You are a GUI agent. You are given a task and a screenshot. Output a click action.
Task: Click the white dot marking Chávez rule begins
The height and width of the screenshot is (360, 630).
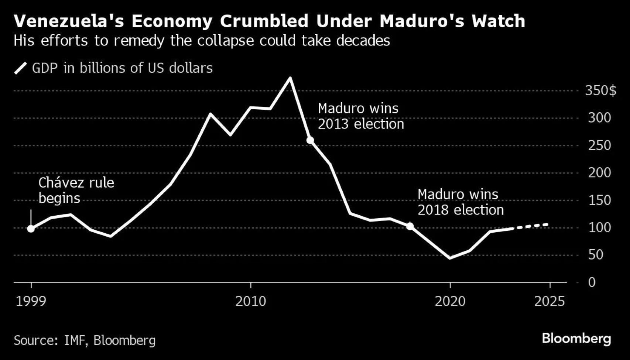point(31,229)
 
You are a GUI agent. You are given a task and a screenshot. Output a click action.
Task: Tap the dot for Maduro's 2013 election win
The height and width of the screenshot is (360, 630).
point(310,140)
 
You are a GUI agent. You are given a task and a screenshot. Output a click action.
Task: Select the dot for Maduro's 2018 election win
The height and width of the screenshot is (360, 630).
point(410,226)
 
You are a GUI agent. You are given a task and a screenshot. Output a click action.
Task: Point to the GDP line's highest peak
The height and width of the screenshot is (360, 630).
point(290,78)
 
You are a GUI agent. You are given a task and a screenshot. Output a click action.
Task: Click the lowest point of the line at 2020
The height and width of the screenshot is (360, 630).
point(450,258)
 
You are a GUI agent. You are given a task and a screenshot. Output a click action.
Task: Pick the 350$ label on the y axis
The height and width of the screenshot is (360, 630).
point(600,91)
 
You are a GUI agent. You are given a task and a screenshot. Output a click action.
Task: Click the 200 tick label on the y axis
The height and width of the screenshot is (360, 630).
point(599,173)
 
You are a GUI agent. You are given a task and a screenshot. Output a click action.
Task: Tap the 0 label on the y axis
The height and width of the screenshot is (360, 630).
point(592,282)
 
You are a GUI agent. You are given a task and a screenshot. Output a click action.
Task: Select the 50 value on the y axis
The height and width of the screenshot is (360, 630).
point(596,255)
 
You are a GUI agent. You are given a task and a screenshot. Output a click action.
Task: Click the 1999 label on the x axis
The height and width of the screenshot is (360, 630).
point(31,302)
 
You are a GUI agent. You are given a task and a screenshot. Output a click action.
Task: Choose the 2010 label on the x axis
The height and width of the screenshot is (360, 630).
point(251,302)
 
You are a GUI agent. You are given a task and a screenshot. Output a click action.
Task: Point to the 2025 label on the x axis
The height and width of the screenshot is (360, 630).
point(549,302)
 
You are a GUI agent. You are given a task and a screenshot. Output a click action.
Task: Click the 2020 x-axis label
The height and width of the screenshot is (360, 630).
point(450,302)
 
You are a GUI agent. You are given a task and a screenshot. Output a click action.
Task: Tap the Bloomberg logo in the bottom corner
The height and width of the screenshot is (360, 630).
point(576,339)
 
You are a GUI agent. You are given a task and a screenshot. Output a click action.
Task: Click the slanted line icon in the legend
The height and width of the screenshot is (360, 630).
point(21,68)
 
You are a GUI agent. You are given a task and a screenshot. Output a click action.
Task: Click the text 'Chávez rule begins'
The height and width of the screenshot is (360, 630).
point(76,191)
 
